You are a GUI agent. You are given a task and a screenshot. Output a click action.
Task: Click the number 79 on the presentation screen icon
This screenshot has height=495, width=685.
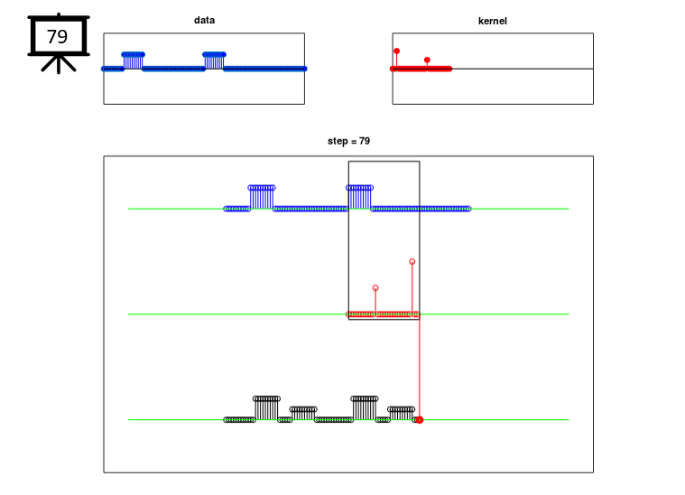click(x=57, y=37)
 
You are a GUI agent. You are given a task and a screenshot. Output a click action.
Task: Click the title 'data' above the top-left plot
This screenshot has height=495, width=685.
click(x=204, y=20)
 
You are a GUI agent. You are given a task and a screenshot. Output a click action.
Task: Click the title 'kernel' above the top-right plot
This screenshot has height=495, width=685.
click(x=493, y=20)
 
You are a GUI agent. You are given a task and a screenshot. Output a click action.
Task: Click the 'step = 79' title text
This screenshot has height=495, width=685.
click(x=348, y=141)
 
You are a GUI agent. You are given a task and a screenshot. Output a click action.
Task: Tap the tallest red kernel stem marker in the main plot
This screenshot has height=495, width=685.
click(x=412, y=261)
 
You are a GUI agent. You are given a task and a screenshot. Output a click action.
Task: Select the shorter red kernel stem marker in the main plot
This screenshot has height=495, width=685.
click(x=375, y=288)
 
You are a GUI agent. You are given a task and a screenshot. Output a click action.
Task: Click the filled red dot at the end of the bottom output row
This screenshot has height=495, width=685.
click(x=420, y=420)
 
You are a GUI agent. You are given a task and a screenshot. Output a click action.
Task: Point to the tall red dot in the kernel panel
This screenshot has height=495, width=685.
click(x=396, y=51)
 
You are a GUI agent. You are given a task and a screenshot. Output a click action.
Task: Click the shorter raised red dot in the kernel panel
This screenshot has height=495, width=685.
click(x=427, y=60)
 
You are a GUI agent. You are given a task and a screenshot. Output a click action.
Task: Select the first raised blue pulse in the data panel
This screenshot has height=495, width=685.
click(x=133, y=54)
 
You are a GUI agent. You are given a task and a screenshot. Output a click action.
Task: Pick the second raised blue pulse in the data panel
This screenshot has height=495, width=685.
click(x=214, y=54)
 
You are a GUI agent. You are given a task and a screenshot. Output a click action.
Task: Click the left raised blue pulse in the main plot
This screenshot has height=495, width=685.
click(x=262, y=188)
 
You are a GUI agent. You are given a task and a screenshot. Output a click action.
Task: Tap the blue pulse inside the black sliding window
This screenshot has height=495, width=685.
click(x=359, y=188)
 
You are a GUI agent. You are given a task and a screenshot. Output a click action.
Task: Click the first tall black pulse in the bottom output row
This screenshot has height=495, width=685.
click(x=266, y=398)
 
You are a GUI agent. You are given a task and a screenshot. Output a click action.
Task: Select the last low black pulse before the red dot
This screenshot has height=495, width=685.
click(x=403, y=409)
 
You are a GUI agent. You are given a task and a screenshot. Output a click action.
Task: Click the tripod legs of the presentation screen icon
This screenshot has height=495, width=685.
click(x=60, y=63)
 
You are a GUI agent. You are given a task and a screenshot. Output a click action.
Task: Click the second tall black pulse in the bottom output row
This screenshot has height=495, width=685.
click(x=365, y=398)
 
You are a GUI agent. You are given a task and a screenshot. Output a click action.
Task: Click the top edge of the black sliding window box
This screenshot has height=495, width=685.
click(x=384, y=162)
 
